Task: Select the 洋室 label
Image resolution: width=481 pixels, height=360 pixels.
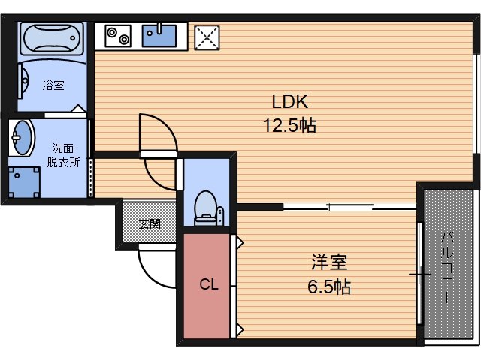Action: [x=329, y=262]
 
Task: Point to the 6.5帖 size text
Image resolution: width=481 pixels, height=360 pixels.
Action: [x=329, y=286]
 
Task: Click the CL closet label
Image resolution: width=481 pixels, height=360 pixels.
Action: [x=208, y=284]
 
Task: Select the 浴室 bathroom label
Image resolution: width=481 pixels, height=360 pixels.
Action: [x=53, y=85]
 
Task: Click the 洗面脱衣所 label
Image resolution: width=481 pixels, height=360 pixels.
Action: [x=63, y=155]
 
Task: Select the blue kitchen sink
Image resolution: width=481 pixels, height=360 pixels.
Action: [x=159, y=34]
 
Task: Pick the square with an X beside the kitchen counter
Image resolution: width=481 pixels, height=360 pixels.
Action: [x=206, y=35]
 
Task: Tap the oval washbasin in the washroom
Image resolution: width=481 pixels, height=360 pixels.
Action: [x=23, y=136]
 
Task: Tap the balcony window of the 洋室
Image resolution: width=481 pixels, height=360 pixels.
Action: [x=419, y=274]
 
